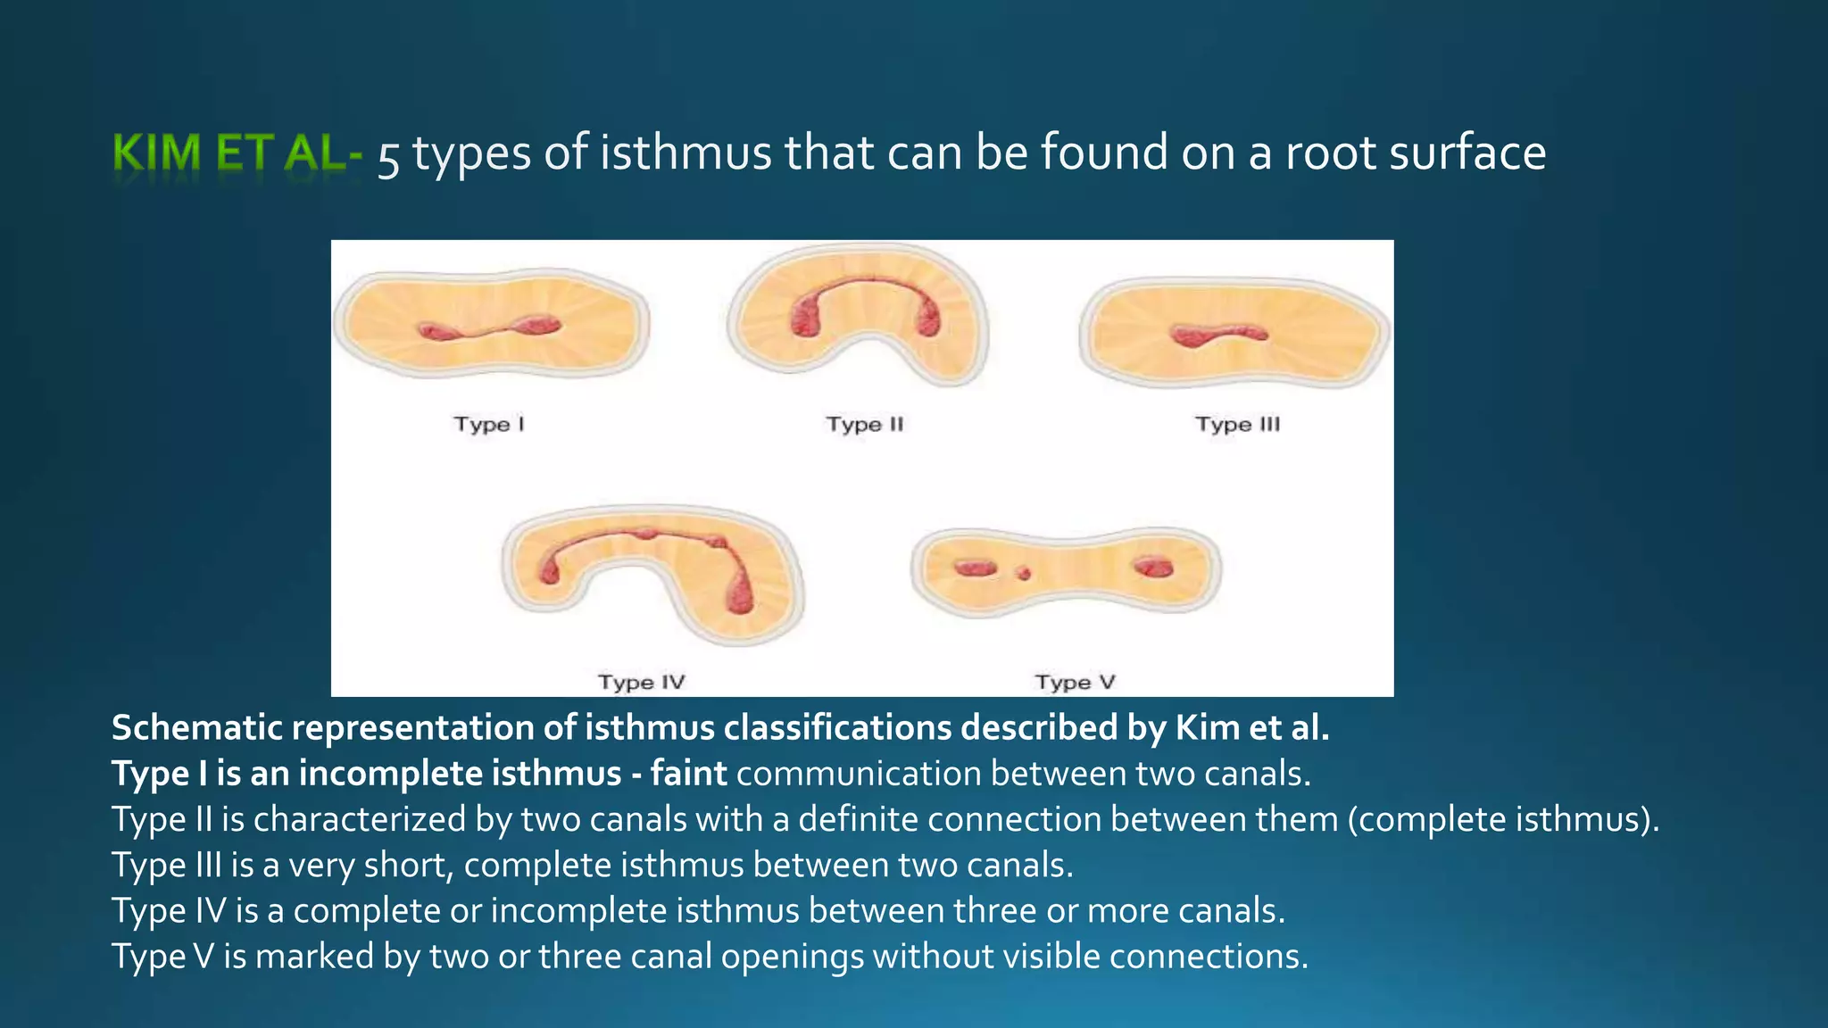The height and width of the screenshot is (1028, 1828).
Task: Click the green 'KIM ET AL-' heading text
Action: pos(237,153)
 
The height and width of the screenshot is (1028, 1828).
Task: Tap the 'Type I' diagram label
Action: pos(489,424)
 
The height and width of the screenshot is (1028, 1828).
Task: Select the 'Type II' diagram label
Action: pos(864,424)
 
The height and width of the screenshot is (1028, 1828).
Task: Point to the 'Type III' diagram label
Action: pos(1237,424)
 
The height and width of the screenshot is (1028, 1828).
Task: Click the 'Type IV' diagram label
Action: pos(641,683)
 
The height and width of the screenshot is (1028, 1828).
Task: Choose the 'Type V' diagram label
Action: pos(1075,683)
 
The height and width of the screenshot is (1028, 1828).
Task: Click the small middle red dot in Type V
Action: pos(1024,573)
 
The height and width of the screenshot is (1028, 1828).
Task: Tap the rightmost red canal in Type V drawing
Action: pos(1153,567)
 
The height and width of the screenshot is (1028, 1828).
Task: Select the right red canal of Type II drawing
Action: pos(928,317)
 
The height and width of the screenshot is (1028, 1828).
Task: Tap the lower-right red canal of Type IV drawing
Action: pos(740,593)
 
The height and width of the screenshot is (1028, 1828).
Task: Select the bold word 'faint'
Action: pos(688,773)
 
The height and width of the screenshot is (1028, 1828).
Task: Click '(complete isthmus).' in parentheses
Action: pos(1503,819)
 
